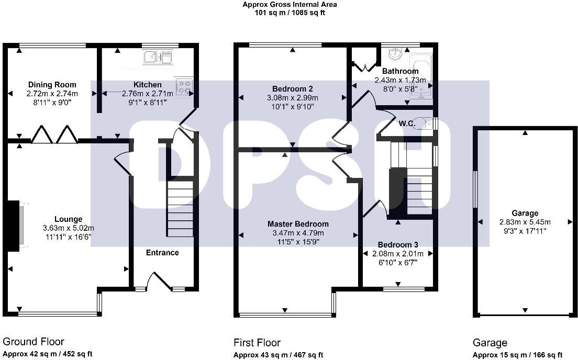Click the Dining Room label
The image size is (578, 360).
[52, 84]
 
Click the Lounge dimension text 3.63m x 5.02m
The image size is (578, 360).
[69, 228]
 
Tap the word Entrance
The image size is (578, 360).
[162, 253]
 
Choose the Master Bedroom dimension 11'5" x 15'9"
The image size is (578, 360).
[296, 242]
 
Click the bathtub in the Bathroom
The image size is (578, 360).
[420, 76]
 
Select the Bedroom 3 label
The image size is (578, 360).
[397, 244]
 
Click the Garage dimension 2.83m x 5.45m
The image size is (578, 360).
[525, 222]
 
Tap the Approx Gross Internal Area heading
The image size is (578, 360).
[290, 4]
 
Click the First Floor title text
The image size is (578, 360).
[257, 343]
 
